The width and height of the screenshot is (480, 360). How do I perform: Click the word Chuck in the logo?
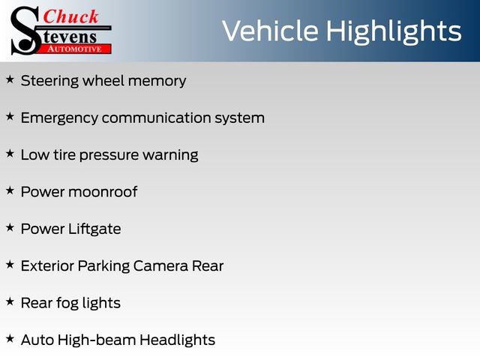(70, 16)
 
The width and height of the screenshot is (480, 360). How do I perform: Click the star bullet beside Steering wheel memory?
(10, 79)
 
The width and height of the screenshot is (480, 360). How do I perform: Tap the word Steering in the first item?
(51, 81)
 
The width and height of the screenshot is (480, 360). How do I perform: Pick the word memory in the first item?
(157, 81)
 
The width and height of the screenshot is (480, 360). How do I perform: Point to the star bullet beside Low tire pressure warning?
(10, 153)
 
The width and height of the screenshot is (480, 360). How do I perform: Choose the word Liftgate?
(94, 229)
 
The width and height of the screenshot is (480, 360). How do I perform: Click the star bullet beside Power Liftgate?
(10, 227)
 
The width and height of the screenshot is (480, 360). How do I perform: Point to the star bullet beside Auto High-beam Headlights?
(10, 338)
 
